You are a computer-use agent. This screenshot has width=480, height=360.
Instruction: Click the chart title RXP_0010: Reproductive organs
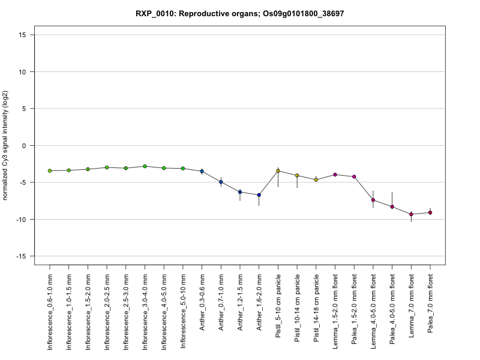tap(197, 14)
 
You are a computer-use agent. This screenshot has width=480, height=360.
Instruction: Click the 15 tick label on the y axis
tap(22, 35)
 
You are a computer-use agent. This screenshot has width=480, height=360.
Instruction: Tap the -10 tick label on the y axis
tap(21, 220)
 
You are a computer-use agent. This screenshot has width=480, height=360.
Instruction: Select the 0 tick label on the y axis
tap(24, 146)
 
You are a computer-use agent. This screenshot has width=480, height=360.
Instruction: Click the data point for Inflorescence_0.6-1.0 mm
tap(50, 171)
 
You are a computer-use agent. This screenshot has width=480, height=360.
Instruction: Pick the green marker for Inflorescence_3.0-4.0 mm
tap(145, 166)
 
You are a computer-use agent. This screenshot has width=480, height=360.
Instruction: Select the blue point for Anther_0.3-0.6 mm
tap(202, 171)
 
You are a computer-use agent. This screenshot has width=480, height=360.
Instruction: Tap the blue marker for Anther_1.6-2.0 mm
tap(259, 195)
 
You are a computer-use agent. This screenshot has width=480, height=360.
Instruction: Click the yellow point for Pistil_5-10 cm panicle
tap(278, 171)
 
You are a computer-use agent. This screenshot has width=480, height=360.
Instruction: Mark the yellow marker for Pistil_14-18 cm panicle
tap(316, 179)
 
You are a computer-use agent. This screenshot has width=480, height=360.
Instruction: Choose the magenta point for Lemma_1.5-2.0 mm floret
tap(335, 175)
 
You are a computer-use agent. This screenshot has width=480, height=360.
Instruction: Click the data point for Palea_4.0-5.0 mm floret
tap(392, 207)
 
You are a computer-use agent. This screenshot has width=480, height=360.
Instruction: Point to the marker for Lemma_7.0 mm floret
tap(411, 214)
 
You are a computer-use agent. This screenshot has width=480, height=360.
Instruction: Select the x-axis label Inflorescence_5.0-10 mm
tap(183, 311)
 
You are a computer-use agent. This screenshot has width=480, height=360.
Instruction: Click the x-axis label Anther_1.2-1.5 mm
tap(240, 302)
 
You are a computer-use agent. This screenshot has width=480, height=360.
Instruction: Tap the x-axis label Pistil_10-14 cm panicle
tap(297, 308)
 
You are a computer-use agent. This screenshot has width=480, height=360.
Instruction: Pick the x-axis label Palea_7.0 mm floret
tap(430, 303)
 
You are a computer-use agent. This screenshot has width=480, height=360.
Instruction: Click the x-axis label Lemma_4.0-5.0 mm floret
tap(373, 311)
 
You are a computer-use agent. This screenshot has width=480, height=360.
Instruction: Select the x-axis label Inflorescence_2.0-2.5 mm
tap(107, 311)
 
